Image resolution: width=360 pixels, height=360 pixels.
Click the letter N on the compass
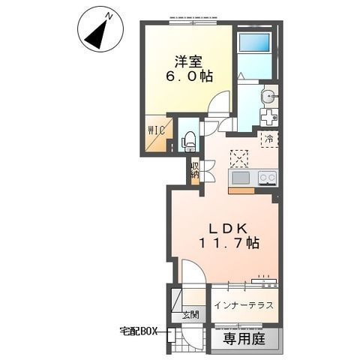tap(109, 16)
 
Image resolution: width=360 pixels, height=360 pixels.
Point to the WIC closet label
tap(157, 130)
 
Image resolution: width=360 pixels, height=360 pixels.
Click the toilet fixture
tap(188, 142)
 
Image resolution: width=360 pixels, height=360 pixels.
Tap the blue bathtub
tap(254, 42)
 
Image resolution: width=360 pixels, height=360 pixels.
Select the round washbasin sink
tap(268, 95)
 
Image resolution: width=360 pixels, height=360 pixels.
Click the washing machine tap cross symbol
tap(269, 117)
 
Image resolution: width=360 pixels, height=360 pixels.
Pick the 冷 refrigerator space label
tap(269, 139)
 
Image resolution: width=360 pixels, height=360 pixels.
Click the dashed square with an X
tap(239, 159)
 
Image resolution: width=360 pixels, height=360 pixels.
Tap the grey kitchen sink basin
tap(241, 178)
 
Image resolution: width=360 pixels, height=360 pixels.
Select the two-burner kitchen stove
tap(268, 178)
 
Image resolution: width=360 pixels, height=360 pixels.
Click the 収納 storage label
tap(195, 170)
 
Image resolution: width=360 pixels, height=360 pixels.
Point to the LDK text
tap(228, 228)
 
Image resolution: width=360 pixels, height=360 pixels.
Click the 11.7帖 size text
tap(229, 242)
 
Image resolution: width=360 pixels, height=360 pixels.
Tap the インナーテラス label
tap(244, 305)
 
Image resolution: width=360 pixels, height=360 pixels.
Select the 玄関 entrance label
tap(190, 315)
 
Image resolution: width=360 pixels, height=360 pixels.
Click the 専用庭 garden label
tap(244, 339)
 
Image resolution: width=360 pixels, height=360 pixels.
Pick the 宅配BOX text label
tap(138, 331)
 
